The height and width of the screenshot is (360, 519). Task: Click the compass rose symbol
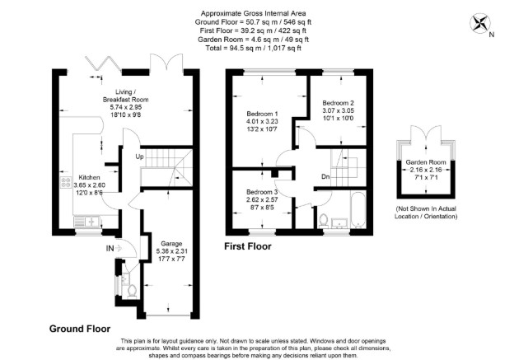coord(480,23)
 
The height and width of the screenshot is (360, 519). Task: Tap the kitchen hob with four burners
coord(66,182)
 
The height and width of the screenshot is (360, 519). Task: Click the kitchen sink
coord(86,221)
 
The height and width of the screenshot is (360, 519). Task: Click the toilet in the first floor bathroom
coord(323,221)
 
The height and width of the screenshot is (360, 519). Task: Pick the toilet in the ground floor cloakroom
coord(132,292)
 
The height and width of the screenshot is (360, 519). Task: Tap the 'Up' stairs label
coord(139,157)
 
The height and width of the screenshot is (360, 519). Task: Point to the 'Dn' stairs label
coord(325,177)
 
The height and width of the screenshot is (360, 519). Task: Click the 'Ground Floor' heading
coord(80,329)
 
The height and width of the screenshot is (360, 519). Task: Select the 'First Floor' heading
coord(248,246)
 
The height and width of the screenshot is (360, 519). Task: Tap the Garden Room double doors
coord(426,134)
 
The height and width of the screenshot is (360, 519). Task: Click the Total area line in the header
coord(253,48)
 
